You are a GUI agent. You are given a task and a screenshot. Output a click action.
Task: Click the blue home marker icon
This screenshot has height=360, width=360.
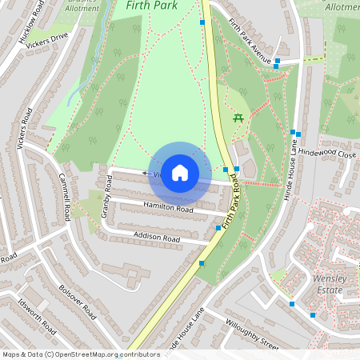pos(180,173)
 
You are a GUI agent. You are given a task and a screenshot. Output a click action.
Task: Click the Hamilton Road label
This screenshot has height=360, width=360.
pos(168,208)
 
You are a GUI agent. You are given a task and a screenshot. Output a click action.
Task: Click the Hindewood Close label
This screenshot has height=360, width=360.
pos(326,151)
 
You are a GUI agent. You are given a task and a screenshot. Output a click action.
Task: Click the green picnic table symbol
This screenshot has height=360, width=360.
pos(238,118)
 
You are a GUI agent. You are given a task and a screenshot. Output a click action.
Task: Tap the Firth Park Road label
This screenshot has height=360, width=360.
pos(234,205)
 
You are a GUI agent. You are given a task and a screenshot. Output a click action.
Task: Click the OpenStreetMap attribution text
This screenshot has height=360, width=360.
pos(81,354)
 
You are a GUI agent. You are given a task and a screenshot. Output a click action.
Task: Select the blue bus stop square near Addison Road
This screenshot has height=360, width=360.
pos(218,228)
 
